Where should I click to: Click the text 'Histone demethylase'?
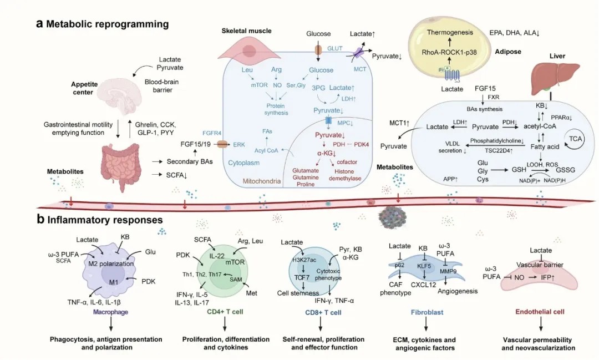348,175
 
